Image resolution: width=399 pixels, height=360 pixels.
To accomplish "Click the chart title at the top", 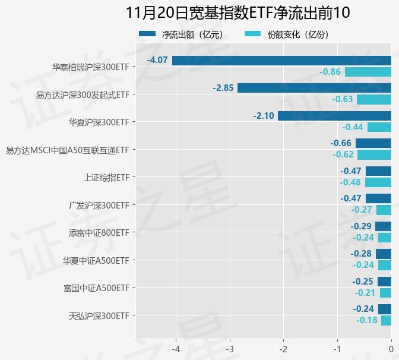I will point(238,12).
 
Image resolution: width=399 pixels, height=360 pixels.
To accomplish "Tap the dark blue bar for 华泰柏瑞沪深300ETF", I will point(281,61).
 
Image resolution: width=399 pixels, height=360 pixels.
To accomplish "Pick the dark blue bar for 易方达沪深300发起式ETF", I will point(314,88).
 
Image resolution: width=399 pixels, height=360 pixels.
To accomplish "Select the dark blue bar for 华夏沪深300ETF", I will point(334,116).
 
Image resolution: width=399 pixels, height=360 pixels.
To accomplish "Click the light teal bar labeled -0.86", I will point(368,72).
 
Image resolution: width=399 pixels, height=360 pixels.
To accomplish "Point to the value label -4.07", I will point(157,61).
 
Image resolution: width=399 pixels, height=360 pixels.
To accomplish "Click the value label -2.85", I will point(223,88).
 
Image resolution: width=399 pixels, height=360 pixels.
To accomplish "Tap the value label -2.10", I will point(263,116).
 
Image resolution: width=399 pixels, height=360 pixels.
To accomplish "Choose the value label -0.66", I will point(341,143).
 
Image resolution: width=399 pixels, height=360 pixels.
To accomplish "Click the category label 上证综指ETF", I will point(106,178).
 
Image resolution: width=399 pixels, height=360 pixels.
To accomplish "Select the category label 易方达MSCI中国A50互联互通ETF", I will point(67,150).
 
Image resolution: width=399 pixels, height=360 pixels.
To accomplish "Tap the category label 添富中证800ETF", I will point(99,233).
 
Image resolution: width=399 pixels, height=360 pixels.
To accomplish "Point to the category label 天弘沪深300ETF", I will point(99,315).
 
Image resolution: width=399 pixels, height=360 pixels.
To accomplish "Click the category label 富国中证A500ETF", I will point(96,288).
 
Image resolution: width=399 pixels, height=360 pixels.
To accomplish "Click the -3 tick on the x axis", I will point(230,348).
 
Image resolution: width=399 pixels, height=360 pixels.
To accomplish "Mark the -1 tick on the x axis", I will point(337,348).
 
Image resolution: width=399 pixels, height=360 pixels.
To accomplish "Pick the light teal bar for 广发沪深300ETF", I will point(384,210).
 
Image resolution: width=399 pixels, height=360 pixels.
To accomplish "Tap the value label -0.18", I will point(367,320).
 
